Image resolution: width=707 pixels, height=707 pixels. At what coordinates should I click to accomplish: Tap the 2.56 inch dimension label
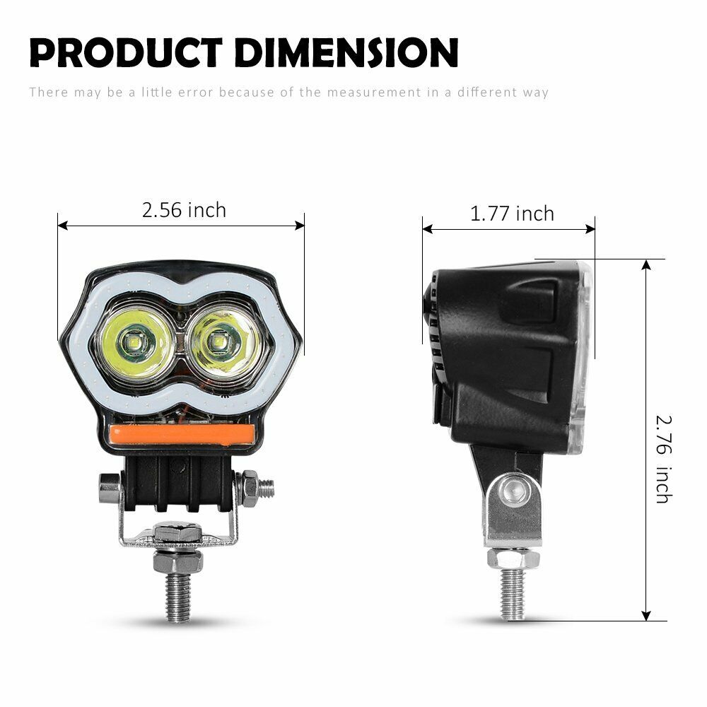[184, 210]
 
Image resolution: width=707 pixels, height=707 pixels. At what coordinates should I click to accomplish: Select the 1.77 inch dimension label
[512, 214]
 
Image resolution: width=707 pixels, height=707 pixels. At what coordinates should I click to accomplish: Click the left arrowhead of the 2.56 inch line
[62, 226]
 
